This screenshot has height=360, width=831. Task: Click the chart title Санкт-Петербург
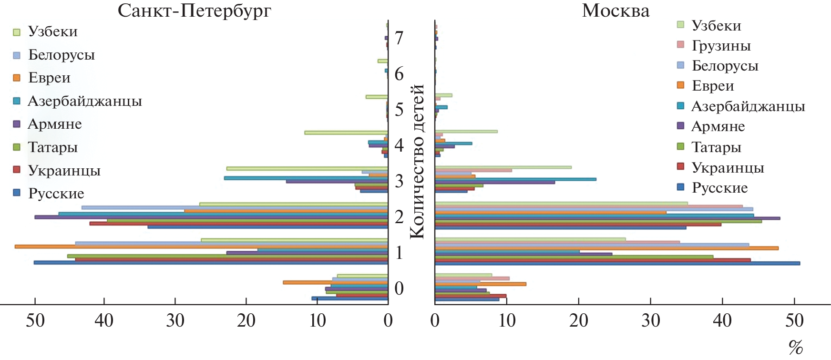(x=195, y=10)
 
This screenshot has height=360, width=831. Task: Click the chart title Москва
(x=616, y=10)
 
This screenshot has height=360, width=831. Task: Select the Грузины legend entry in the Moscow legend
(x=721, y=46)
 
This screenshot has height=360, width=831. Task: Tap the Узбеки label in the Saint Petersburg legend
(x=52, y=31)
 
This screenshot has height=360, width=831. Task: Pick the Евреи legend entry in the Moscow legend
(x=712, y=86)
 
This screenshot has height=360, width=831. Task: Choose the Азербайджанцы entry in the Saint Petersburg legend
(x=84, y=101)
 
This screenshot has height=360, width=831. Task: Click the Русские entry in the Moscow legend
(x=719, y=188)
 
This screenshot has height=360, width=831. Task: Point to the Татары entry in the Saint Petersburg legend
(x=52, y=147)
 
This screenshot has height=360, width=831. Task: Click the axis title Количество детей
(x=417, y=161)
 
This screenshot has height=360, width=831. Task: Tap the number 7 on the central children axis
(x=399, y=38)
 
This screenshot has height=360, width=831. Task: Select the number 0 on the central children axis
(x=399, y=288)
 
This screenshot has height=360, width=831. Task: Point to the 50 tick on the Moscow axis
(x=794, y=320)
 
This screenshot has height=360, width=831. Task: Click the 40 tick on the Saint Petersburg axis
(x=104, y=320)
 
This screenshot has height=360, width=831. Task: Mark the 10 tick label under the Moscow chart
(x=507, y=320)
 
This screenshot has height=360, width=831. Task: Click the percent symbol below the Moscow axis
(x=795, y=348)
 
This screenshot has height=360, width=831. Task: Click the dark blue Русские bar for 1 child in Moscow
(x=617, y=263)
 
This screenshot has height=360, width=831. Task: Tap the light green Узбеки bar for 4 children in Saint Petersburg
(x=346, y=133)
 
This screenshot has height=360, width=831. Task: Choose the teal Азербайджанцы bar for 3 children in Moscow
(x=515, y=179)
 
